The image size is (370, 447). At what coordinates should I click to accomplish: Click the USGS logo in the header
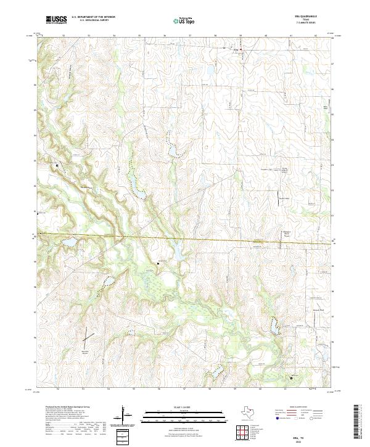pos(56,20)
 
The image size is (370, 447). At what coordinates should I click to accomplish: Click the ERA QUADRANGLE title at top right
pos(308,17)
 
